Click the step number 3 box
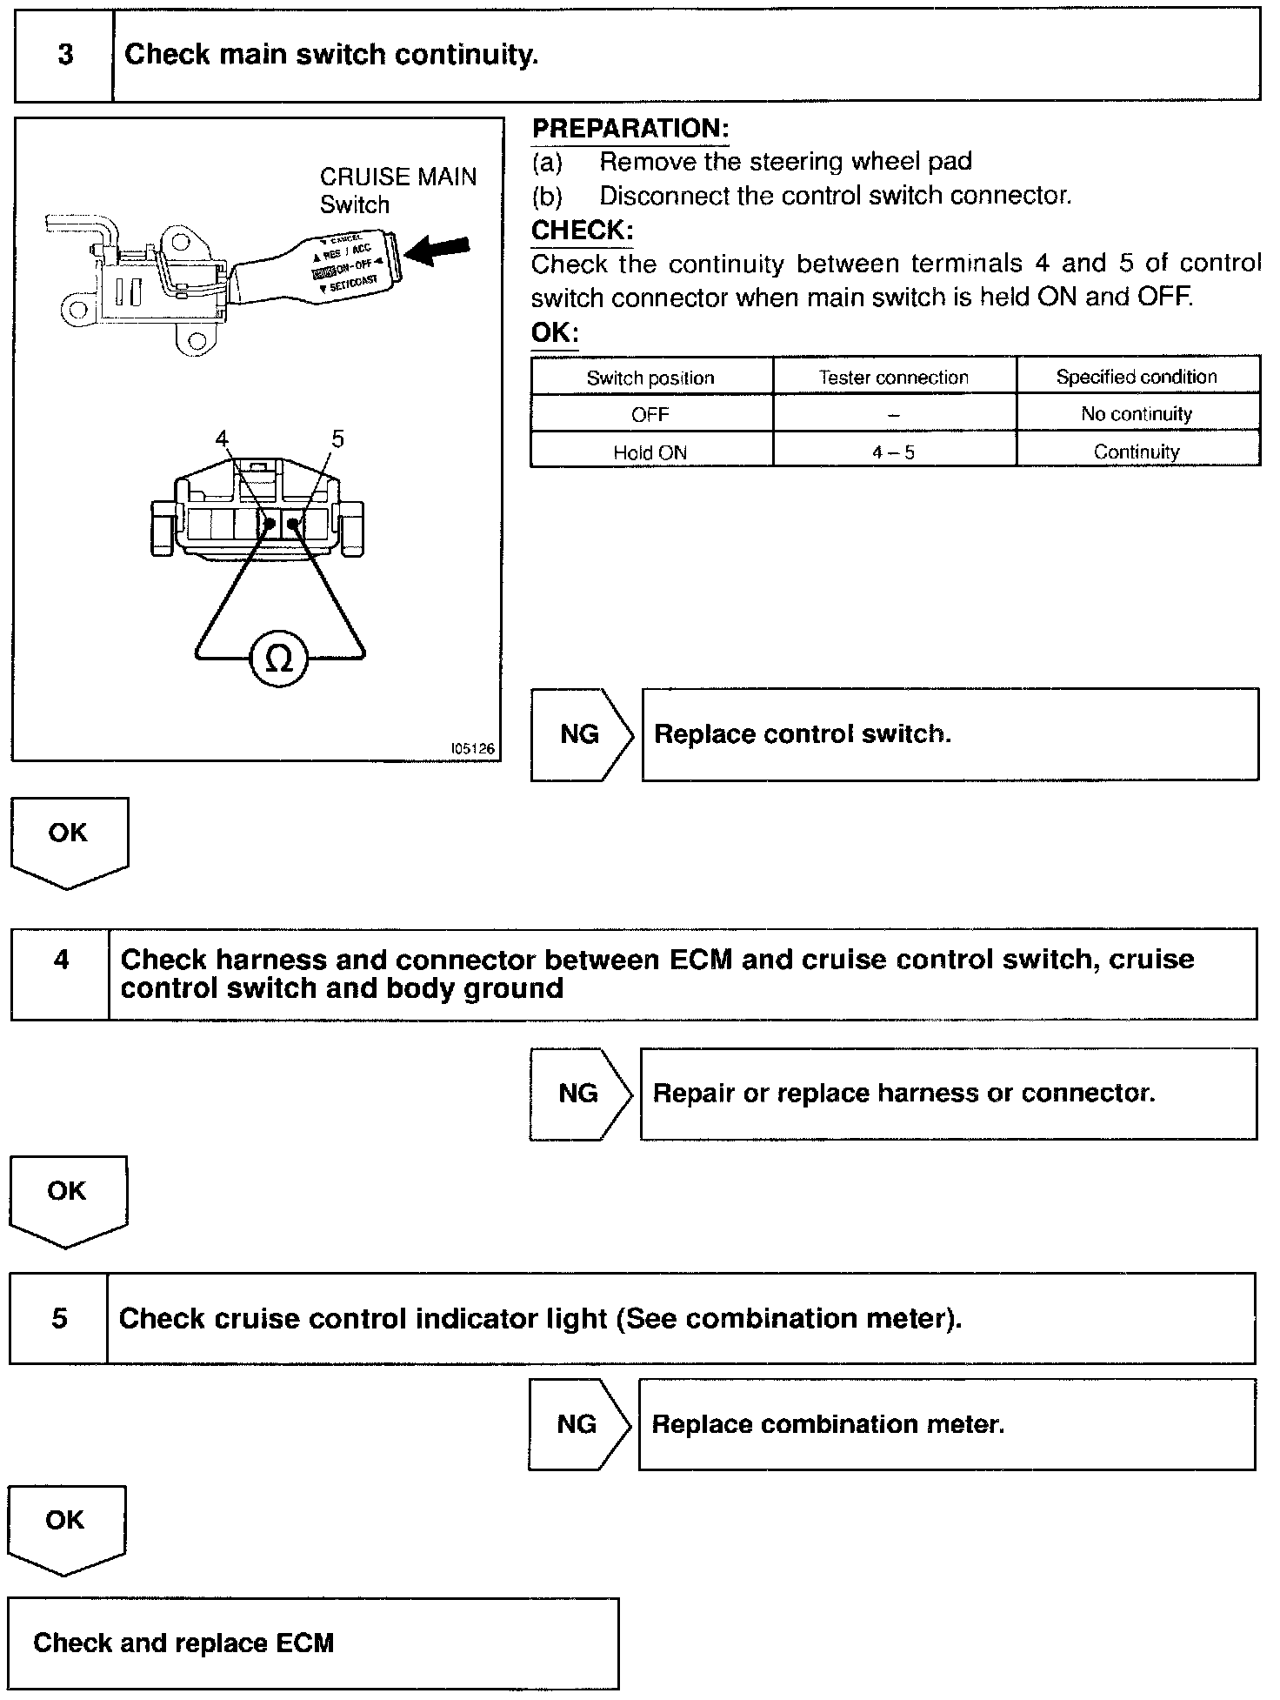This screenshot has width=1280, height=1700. pos(65,56)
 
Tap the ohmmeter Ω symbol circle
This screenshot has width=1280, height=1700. pos(278,659)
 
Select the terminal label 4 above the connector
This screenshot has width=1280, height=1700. pos(223,439)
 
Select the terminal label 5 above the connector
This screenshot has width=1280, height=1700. pos(337,439)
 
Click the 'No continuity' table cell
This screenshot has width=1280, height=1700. pos(1137,414)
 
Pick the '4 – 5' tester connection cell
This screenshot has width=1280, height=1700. pos(894,452)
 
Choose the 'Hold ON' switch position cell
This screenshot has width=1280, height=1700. pos(650,452)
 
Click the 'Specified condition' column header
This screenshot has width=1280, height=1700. pos(1137,377)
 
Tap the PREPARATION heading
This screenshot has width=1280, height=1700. pos(630,129)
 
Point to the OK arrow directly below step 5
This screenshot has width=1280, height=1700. pos(66,1529)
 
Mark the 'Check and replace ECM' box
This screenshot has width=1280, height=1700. pos(313,1643)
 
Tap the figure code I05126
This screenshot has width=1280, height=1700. pos(472,749)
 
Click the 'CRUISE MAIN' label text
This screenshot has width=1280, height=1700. pos(398,177)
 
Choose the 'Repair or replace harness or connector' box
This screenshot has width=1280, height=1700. pos(948,1094)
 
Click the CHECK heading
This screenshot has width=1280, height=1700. pos(582,231)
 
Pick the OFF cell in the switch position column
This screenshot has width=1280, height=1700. pos(650,414)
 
